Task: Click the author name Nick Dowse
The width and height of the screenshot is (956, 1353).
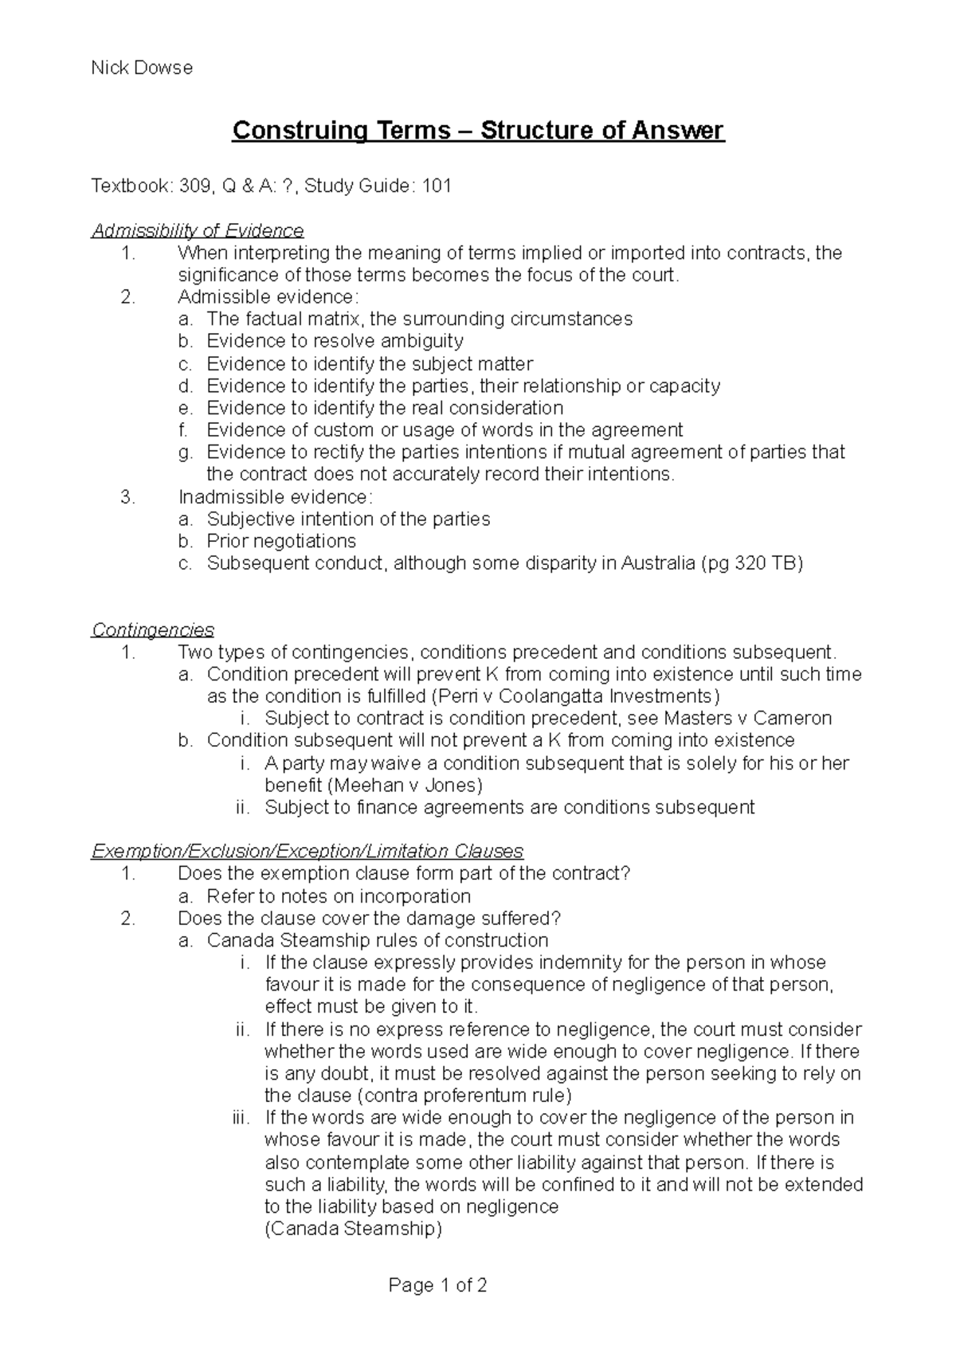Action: tap(142, 68)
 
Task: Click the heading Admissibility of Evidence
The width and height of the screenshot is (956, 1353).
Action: tap(198, 231)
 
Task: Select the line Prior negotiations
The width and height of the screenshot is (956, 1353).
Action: tap(281, 541)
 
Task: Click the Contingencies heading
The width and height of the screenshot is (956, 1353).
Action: tap(153, 630)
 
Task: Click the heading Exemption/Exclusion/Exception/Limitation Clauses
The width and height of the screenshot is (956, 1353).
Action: tap(308, 851)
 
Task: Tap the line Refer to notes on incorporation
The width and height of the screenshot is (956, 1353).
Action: tap(339, 896)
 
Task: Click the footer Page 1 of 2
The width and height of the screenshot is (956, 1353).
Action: tap(437, 1285)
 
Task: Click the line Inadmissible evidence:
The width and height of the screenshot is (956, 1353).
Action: tap(275, 497)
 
